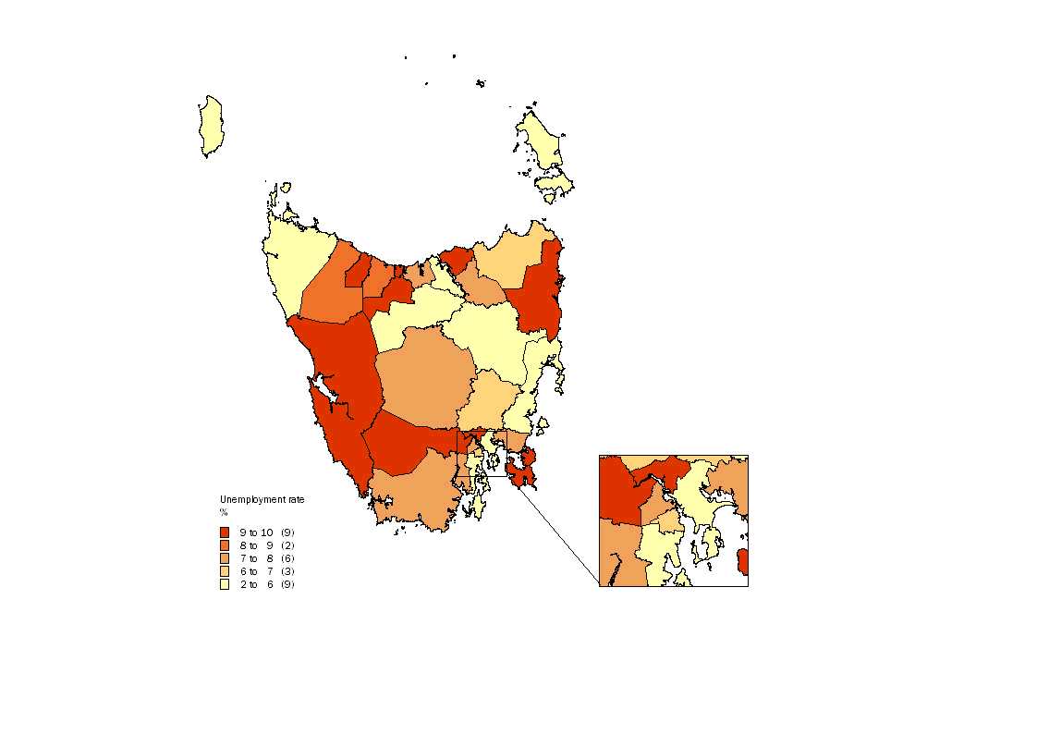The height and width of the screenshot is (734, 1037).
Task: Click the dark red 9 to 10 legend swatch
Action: pos(224,532)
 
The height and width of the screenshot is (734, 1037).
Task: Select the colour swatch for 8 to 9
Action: pos(224,545)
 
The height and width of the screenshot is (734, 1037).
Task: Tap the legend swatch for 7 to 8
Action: pos(224,558)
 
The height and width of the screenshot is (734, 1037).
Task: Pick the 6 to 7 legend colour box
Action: pos(224,571)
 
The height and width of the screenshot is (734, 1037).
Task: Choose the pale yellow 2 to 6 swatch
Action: pos(224,584)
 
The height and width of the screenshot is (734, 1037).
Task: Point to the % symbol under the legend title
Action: pos(223,511)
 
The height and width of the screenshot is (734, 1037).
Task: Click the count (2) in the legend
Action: pos(287,545)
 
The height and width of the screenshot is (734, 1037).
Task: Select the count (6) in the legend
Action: pos(287,558)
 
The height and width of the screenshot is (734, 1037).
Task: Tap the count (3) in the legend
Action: pos(287,571)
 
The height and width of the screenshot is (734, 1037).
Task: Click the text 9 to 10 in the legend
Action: pos(256,532)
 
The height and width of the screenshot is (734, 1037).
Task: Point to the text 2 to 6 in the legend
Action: pos(256,584)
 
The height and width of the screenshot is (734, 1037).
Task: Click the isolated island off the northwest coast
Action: pos(212,127)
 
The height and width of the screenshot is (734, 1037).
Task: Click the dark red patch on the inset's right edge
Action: pos(743,561)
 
